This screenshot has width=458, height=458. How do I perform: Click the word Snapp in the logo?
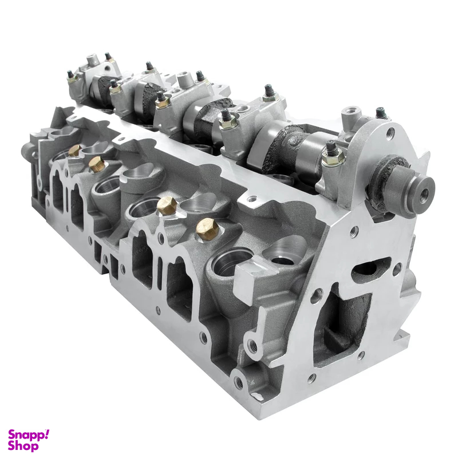tap(25, 436)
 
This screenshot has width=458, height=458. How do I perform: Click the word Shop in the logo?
tap(23, 447)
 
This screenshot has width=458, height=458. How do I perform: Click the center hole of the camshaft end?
tap(424, 193)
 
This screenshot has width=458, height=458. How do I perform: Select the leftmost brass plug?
tap(74, 151)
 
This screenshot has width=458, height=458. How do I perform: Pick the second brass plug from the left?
tap(97, 165)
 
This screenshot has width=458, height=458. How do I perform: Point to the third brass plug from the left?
tap(166, 206)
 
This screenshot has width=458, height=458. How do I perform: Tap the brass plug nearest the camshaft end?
tap(207, 229)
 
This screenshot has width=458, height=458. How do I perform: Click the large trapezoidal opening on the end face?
tap(342, 324)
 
